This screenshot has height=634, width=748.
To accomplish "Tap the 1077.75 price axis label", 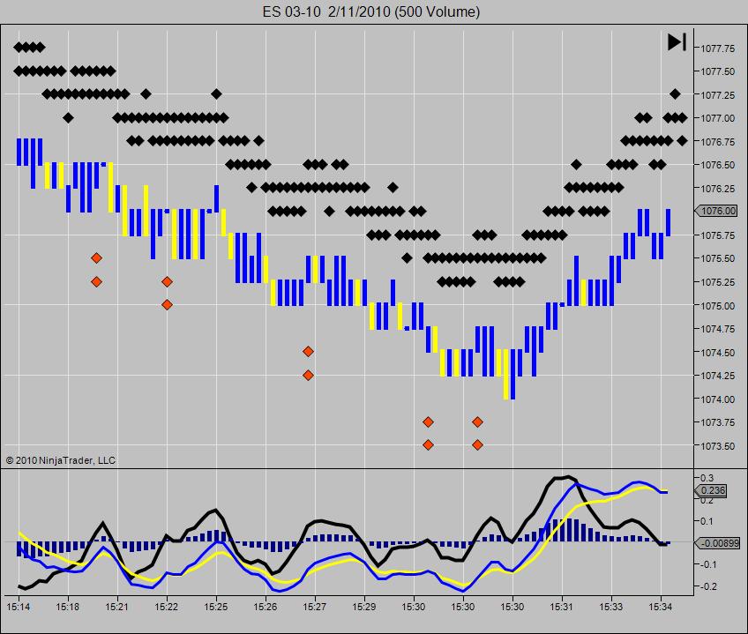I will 718,48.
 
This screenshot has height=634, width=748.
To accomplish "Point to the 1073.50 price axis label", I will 718,446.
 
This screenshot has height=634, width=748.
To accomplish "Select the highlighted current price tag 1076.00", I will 716,211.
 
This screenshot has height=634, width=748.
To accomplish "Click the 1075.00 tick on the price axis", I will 718,305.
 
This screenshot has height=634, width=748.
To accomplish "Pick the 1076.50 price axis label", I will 718,165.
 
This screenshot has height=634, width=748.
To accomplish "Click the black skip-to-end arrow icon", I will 677,41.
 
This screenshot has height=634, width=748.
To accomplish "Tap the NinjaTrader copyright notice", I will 61,460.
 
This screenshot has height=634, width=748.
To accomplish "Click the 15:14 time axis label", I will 19,608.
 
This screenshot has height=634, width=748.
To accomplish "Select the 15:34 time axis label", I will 660,608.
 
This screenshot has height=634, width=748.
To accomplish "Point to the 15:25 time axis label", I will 216,608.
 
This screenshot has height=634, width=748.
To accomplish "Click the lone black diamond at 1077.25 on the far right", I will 675,93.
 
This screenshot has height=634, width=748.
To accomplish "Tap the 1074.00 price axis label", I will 718,399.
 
